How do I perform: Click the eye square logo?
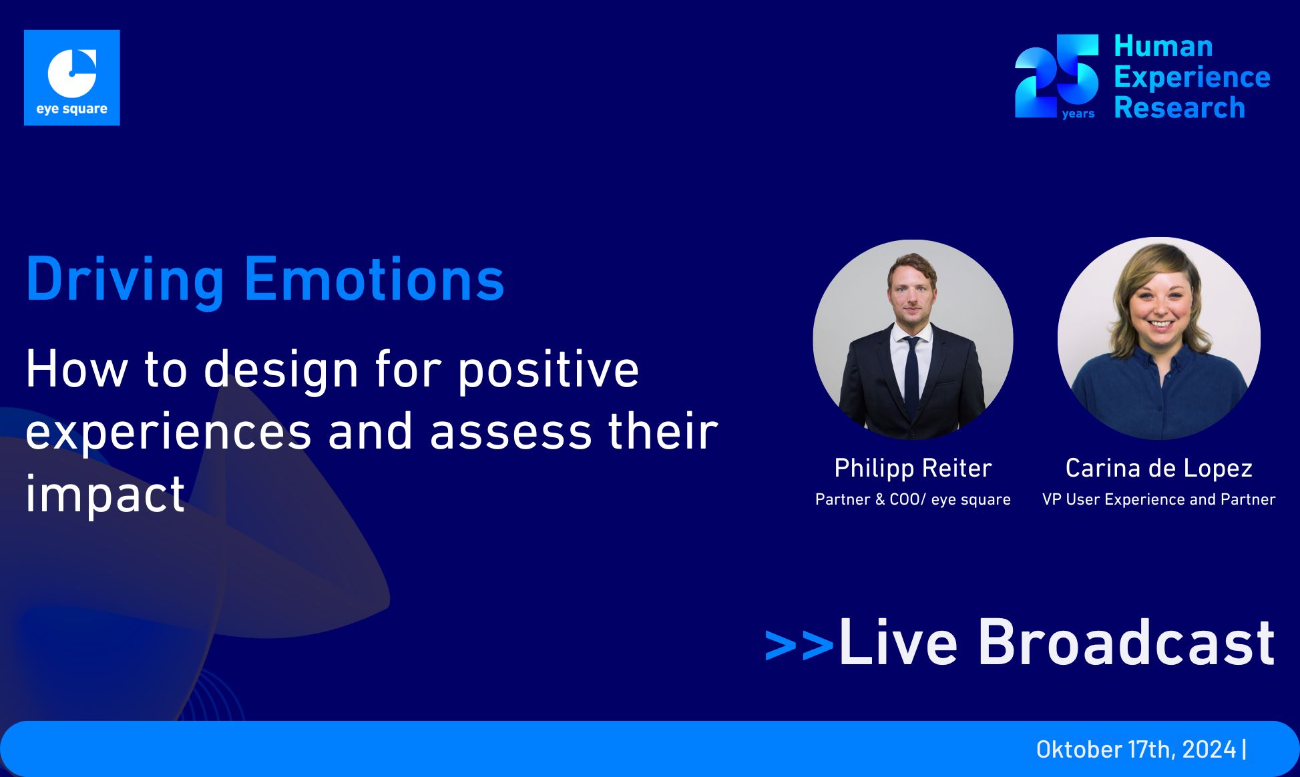click(72, 77)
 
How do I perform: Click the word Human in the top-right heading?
click(1163, 47)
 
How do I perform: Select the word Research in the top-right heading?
click(1179, 108)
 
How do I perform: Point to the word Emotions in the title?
click(374, 279)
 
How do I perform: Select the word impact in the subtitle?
click(105, 495)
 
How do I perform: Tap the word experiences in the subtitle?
click(168, 432)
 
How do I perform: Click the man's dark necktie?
click(912, 374)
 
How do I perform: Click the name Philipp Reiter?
click(913, 468)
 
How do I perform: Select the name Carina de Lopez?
click(1158, 468)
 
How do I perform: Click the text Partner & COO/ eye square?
click(913, 499)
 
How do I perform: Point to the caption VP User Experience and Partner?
click(1158, 499)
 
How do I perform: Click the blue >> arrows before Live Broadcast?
click(799, 645)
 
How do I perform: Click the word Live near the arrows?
click(898, 642)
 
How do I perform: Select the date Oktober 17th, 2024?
click(1136, 750)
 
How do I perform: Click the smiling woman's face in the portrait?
click(1160, 304)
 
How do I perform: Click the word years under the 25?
click(1078, 114)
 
